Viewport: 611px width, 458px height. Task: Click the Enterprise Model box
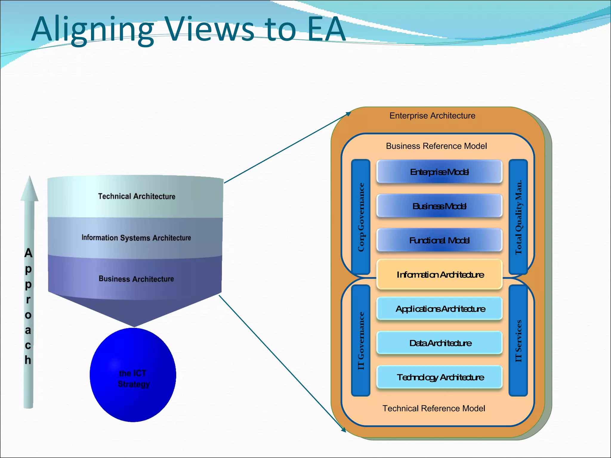(439, 172)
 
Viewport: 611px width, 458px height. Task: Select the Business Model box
(439, 206)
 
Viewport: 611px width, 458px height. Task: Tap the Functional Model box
(439, 240)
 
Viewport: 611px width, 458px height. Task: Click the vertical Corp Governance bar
(361, 217)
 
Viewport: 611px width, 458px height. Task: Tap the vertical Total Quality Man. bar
(518, 217)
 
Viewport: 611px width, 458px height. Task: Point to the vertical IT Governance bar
(361, 341)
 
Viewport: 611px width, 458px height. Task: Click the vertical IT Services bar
(518, 341)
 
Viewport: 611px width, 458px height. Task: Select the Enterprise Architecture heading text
(432, 116)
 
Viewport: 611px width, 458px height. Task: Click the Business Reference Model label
(436, 146)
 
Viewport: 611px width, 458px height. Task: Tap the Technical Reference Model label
(434, 409)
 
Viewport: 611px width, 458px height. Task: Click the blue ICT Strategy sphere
(133, 375)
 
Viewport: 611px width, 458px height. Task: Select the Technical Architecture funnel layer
(136, 196)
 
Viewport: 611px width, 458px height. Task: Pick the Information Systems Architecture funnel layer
(136, 238)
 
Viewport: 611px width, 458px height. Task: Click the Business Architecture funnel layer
(136, 279)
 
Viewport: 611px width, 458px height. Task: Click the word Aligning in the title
(92, 30)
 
